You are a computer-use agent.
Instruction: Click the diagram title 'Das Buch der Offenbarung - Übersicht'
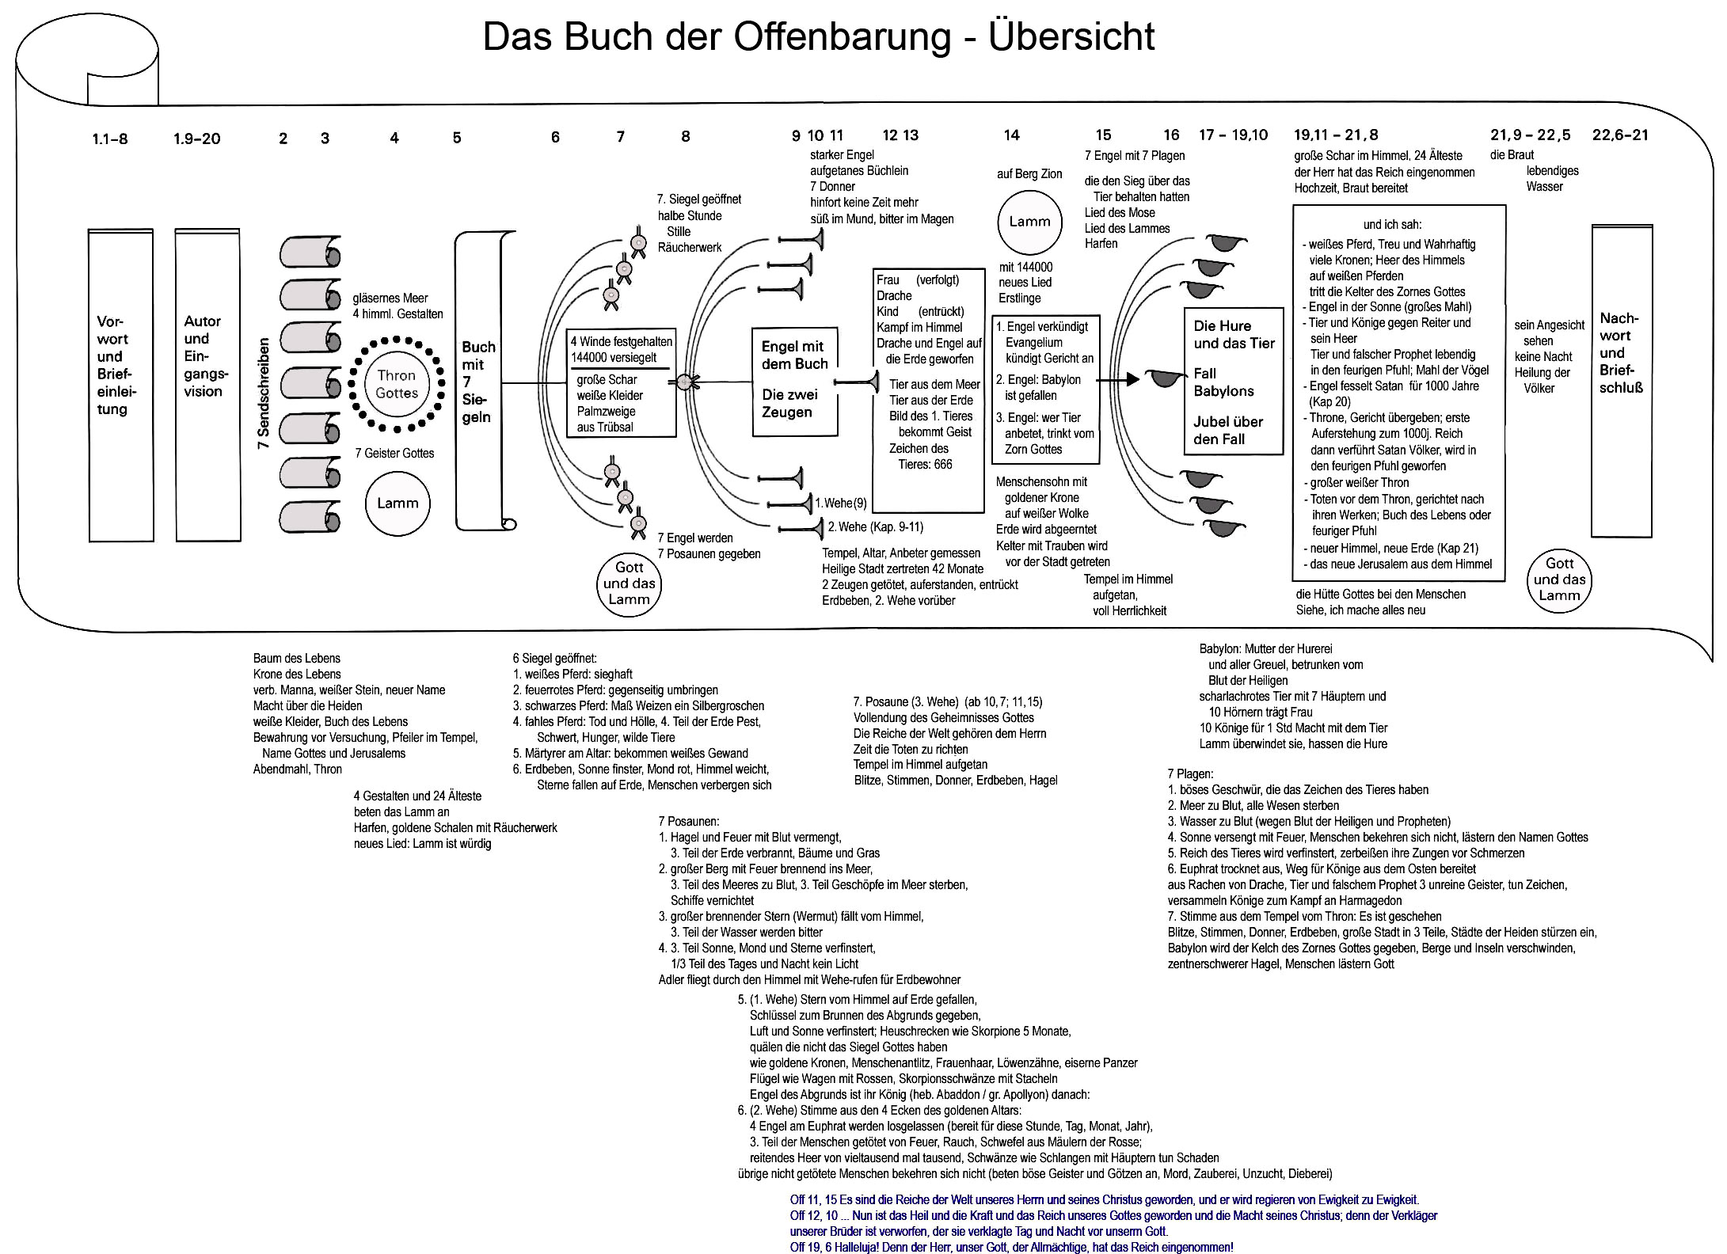coord(819,37)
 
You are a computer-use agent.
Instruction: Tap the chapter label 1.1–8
coord(109,139)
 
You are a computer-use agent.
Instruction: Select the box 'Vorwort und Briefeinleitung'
coord(120,385)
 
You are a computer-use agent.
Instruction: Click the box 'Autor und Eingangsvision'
coord(207,385)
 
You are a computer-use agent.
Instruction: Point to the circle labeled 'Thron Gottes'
coord(396,384)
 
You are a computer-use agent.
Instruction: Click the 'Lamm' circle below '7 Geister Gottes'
coord(398,503)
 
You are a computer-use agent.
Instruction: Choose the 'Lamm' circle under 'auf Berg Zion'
coord(1029,222)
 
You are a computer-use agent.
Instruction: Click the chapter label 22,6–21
coord(1620,135)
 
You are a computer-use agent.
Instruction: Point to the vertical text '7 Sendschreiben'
coord(264,393)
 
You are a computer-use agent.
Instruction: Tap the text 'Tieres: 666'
coord(925,465)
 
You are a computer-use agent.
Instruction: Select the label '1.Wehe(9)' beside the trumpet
coord(841,503)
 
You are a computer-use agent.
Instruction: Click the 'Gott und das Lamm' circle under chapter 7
coord(629,583)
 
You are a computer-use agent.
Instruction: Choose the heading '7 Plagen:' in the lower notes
coord(1190,773)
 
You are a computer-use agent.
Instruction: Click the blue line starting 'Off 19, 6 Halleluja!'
coord(1011,1247)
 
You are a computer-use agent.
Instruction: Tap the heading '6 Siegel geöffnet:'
coord(554,659)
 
